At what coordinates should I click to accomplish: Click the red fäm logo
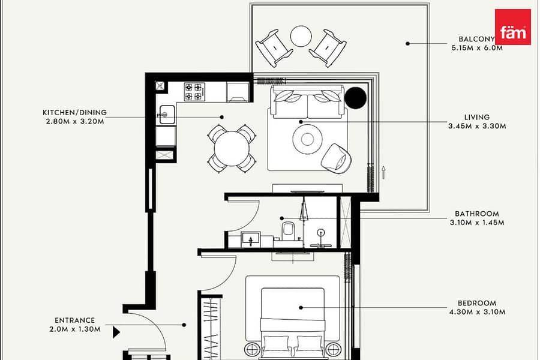point(513,27)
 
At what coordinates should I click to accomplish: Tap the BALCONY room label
point(476,39)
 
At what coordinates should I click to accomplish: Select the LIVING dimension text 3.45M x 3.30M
point(477,126)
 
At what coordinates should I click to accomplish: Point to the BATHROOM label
point(477,214)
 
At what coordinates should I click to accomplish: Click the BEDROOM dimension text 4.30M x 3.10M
point(477,312)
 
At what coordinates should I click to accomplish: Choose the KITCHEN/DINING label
point(75,112)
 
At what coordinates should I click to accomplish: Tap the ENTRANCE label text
point(75,320)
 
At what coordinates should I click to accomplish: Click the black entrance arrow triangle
point(116,332)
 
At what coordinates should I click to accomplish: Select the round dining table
point(232,149)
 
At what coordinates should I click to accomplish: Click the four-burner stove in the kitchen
point(194,92)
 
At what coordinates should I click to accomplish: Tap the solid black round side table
point(356,98)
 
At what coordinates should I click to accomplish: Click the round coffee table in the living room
point(307,139)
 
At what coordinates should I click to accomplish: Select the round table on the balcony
point(301,36)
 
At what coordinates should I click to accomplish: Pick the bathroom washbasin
point(251,239)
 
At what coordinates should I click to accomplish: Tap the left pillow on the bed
point(276,346)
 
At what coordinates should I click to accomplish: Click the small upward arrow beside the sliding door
point(383,173)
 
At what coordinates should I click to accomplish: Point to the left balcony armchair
point(274,48)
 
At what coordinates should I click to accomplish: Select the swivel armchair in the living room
point(337,157)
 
